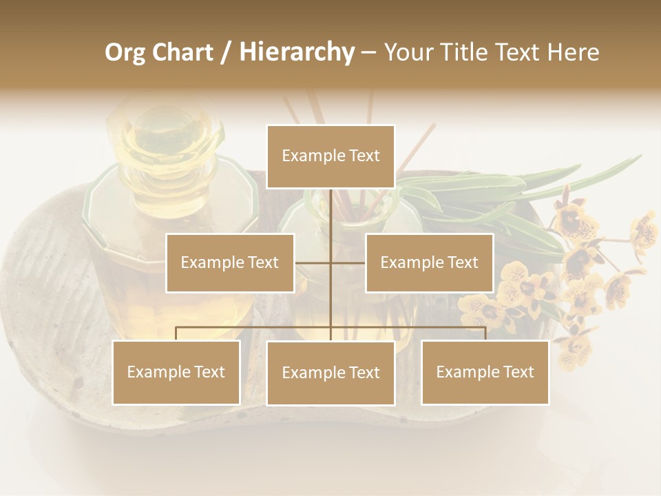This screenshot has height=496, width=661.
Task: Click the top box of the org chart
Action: pos(330,156)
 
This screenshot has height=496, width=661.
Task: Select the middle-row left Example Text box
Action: pos(230,262)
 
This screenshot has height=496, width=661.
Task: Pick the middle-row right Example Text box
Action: pos(429,262)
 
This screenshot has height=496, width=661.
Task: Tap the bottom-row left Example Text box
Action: pos(176,372)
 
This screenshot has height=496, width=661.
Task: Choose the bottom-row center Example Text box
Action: pos(330,373)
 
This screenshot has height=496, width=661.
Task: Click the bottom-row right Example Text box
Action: pos(485,372)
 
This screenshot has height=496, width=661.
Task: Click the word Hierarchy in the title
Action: pos(296,52)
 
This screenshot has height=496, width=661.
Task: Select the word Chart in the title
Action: pos(184,52)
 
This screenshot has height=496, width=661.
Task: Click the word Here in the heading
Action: pos(573,52)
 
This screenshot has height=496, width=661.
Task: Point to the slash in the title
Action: pos(225,52)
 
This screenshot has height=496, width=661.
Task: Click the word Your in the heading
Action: pos(410,52)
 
